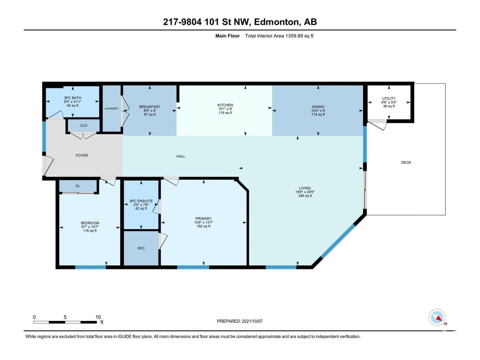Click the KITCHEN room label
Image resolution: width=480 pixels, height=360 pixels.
[225, 105]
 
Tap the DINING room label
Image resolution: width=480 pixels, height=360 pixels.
[318, 106]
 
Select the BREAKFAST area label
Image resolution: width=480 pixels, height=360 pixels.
[150, 106]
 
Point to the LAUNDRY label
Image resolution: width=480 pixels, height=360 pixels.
[111, 108]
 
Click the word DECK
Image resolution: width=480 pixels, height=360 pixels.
[406, 162]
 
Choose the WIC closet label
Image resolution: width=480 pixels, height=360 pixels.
[141, 248]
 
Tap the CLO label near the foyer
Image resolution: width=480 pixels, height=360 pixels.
[84, 125]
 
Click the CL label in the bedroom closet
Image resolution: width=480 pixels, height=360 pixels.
[78, 186]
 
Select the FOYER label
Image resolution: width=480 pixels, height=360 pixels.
[82, 155]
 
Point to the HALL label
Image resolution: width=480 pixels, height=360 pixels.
[181, 156]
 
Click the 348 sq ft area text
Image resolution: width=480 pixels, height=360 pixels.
[305, 196]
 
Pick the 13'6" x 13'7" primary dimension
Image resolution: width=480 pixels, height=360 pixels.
[204, 222]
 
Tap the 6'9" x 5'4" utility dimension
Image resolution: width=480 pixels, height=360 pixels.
[389, 102]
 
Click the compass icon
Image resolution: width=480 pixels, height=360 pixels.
[437, 317]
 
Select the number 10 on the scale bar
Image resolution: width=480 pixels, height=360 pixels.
[98, 317]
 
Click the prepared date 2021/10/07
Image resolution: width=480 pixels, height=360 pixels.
[252, 321]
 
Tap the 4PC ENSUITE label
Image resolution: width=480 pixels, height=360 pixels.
[141, 201]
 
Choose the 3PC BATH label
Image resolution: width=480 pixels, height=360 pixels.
[72, 98]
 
